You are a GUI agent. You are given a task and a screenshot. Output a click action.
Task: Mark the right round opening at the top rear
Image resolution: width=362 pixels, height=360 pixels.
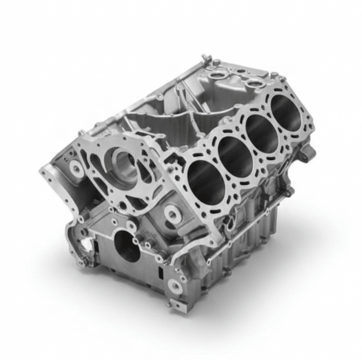[x=254, y=83]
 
